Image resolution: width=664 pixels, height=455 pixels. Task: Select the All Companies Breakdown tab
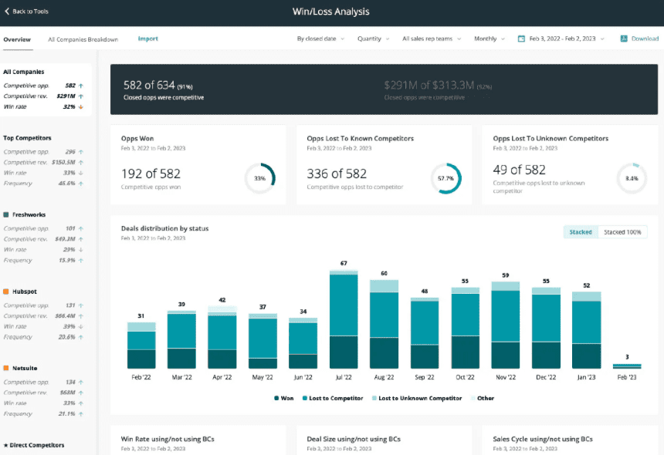pyautogui.click(x=83, y=39)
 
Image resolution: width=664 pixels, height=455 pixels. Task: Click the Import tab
pyautogui.click(x=147, y=39)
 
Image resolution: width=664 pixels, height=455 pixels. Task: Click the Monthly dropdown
pyautogui.click(x=490, y=39)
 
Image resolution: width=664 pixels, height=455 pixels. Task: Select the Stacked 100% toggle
pyautogui.click(x=624, y=232)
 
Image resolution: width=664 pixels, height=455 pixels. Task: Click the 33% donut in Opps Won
pyautogui.click(x=260, y=178)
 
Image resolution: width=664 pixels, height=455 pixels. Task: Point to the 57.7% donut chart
pyautogui.click(x=445, y=178)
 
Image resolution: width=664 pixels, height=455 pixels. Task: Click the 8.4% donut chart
pyautogui.click(x=632, y=178)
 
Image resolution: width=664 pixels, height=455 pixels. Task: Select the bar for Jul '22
pyautogui.click(x=344, y=320)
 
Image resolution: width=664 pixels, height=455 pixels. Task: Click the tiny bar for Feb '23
pyautogui.click(x=627, y=366)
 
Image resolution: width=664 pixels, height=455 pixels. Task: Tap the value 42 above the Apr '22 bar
pyautogui.click(x=222, y=300)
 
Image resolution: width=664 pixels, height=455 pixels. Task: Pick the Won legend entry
pyautogui.click(x=283, y=399)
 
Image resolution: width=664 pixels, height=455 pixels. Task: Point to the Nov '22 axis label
pyautogui.click(x=506, y=378)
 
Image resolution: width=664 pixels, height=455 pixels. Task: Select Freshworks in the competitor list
pyautogui.click(x=29, y=215)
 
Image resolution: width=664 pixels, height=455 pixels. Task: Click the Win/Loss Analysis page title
pyautogui.click(x=331, y=12)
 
